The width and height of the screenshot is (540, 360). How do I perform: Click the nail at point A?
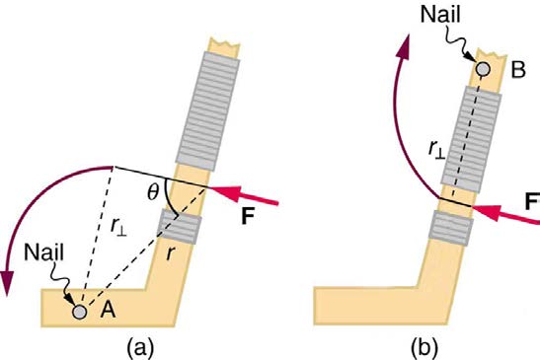80,310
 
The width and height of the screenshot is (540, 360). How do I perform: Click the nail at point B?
483,69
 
